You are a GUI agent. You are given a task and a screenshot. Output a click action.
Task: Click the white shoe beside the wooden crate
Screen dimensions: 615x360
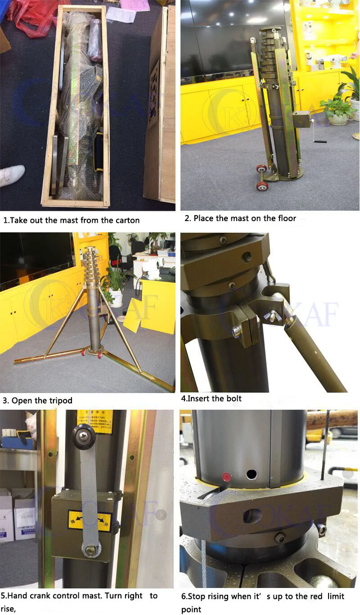coord(11,175)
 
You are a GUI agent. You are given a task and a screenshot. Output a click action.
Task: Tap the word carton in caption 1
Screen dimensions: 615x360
coord(125,220)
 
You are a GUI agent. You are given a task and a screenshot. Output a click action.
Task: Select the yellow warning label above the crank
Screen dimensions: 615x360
coord(94,422)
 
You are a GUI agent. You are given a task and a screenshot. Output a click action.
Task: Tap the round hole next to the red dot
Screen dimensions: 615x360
coord(251,474)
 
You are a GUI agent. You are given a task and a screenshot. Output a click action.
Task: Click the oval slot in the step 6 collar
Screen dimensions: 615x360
coord(252,516)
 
